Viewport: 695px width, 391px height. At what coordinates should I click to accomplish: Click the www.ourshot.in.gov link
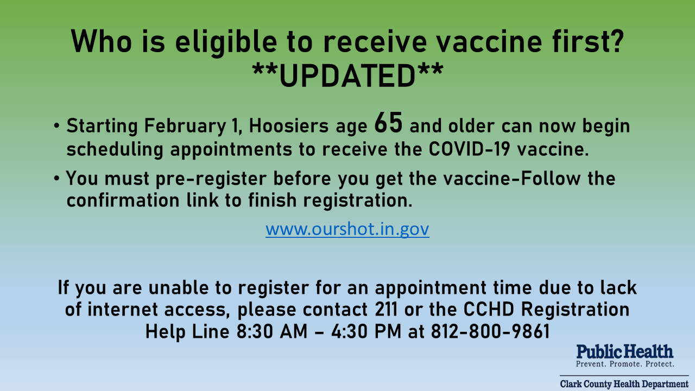[347, 229]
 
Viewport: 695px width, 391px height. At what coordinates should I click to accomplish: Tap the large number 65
[388, 123]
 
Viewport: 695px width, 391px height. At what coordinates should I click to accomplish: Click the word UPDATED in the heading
[347, 75]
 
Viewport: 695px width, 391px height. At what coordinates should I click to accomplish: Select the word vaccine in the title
[489, 41]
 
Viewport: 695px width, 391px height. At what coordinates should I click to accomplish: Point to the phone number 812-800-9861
[490, 331]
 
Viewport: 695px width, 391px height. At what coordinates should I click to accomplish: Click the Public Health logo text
[624, 352]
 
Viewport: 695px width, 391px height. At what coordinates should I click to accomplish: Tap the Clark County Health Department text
[624, 384]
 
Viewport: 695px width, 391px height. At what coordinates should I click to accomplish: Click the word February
[185, 127]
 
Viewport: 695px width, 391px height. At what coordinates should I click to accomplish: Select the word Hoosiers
[288, 126]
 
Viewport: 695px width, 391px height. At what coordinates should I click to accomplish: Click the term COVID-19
[470, 149]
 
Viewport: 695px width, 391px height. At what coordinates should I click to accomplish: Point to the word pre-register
[211, 179]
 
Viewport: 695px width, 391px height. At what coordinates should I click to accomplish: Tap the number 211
[386, 310]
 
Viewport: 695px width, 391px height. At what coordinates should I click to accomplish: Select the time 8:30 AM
[272, 331]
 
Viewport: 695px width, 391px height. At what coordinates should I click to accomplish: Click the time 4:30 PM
[366, 331]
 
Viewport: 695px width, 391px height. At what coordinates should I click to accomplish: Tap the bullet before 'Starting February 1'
[56, 126]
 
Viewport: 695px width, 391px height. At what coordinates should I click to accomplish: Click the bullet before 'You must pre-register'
[56, 179]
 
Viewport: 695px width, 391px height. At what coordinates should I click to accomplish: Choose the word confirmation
[123, 200]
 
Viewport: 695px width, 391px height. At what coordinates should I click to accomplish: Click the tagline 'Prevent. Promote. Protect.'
[625, 364]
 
